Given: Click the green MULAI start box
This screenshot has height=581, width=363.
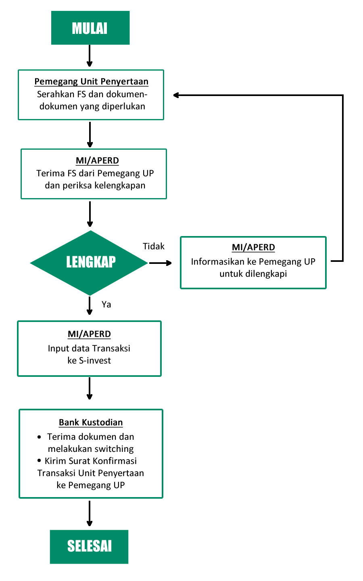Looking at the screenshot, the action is (x=90, y=28).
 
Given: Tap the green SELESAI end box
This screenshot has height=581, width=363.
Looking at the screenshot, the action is (x=89, y=546).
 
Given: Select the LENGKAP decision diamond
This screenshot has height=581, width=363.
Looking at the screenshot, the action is (x=89, y=263).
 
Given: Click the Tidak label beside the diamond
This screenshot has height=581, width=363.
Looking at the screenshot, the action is (x=154, y=246).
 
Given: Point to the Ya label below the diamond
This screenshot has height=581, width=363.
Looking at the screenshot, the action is (x=106, y=304).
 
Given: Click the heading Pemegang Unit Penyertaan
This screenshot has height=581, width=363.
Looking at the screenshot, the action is (x=91, y=82).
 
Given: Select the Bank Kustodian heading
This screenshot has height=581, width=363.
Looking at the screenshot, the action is (x=91, y=422).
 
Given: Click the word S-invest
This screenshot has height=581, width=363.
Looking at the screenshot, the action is (x=95, y=361).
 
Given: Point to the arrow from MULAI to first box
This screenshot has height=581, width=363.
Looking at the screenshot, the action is (x=90, y=56).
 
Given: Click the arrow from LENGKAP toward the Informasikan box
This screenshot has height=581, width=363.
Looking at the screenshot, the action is (x=161, y=263).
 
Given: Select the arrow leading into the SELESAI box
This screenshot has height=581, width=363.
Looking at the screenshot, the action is (x=90, y=513).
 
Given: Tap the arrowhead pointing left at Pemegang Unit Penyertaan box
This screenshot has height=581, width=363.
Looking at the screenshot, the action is (x=176, y=95).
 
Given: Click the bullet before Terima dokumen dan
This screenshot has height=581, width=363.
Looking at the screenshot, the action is (x=39, y=437).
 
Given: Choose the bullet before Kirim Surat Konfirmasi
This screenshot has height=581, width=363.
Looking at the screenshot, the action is (x=39, y=461).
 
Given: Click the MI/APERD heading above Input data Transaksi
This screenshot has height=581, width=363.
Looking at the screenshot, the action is (x=89, y=334).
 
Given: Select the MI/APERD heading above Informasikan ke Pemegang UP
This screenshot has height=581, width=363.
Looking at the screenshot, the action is (x=253, y=247).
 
